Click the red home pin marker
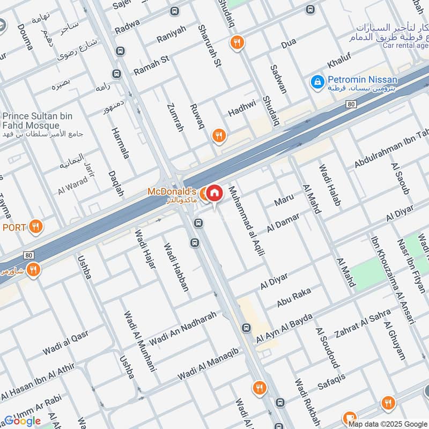point(214,194)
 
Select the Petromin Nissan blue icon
point(317,82)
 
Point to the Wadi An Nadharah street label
point(183,328)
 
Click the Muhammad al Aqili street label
point(247,220)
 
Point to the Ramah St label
point(151,64)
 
